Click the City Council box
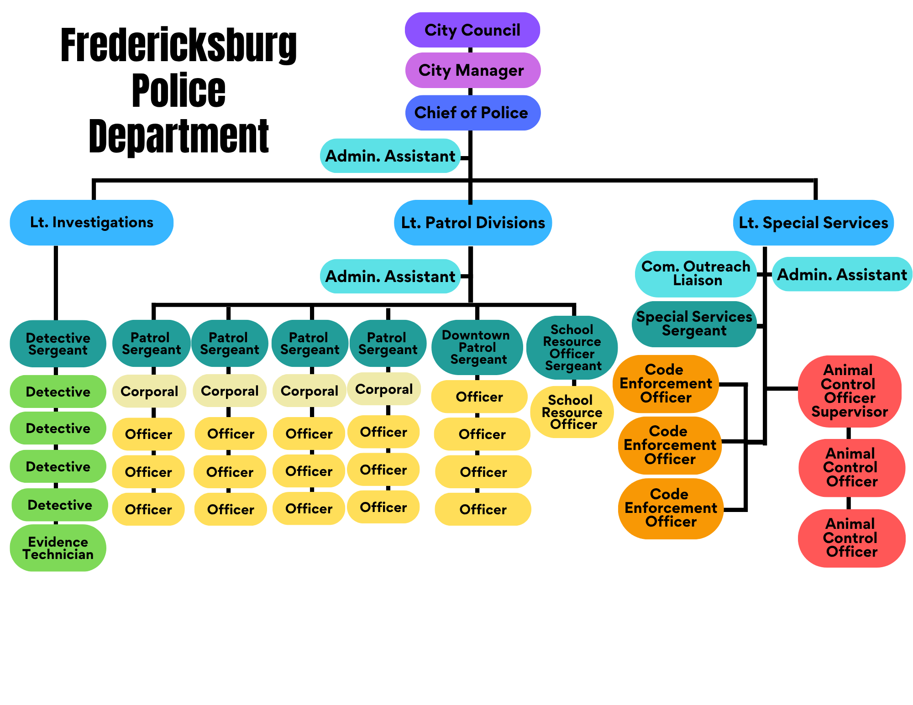click(x=472, y=30)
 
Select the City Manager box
click(x=472, y=70)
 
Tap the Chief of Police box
click(x=472, y=113)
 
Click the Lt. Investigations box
click(x=91, y=223)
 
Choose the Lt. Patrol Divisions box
click(x=473, y=223)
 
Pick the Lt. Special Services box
click(x=813, y=223)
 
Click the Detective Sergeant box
click(x=58, y=344)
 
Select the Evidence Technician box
click(x=58, y=548)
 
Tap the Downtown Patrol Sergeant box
click(x=477, y=347)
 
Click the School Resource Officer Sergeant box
click(x=572, y=347)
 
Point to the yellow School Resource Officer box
click(x=572, y=412)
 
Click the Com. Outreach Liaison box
click(x=696, y=274)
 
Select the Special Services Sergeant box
click(x=694, y=324)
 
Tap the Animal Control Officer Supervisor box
click(x=850, y=391)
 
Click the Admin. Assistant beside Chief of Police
click(x=390, y=156)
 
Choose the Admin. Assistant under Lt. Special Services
click(x=842, y=274)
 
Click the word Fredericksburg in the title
click(x=178, y=46)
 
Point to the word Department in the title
click(x=178, y=136)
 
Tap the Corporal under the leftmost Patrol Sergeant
click(x=149, y=391)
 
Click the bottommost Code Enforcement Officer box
click(x=671, y=508)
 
